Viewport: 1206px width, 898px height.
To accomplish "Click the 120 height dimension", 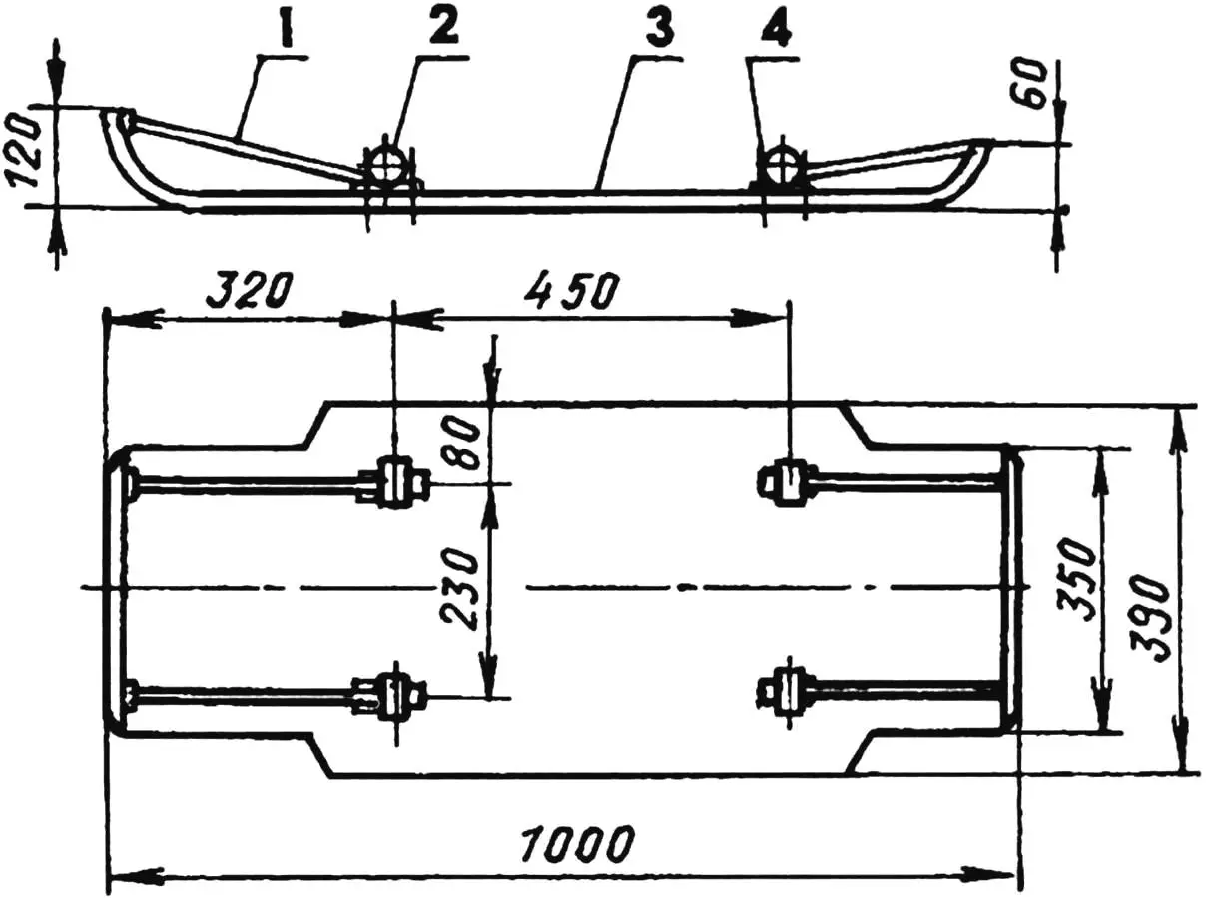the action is [x=26, y=151].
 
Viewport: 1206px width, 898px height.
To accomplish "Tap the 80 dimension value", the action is [x=463, y=444].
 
